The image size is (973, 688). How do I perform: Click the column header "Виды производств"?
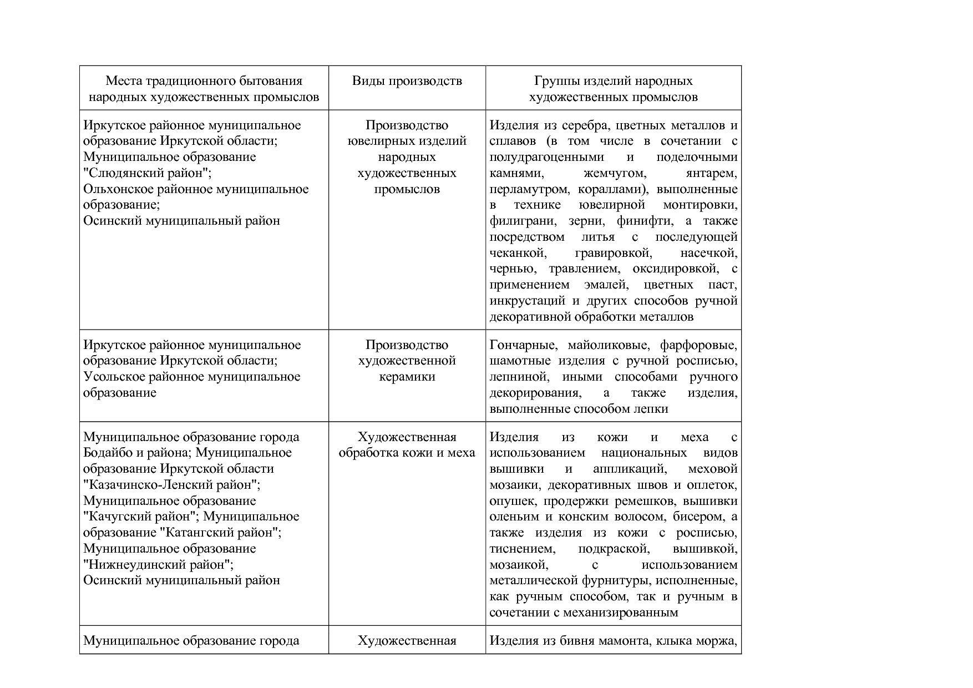[407, 81]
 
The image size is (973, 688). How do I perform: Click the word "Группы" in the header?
[555, 81]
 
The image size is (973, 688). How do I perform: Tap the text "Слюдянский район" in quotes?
[147, 173]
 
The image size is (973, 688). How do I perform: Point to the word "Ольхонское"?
[115, 189]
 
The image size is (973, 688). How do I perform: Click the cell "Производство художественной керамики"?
[407, 361]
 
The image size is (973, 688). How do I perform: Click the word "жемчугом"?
[615, 173]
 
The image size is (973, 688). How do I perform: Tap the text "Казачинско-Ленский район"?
[171, 485]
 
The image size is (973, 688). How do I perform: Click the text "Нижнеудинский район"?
[158, 565]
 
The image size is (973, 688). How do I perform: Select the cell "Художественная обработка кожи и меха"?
[407, 445]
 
